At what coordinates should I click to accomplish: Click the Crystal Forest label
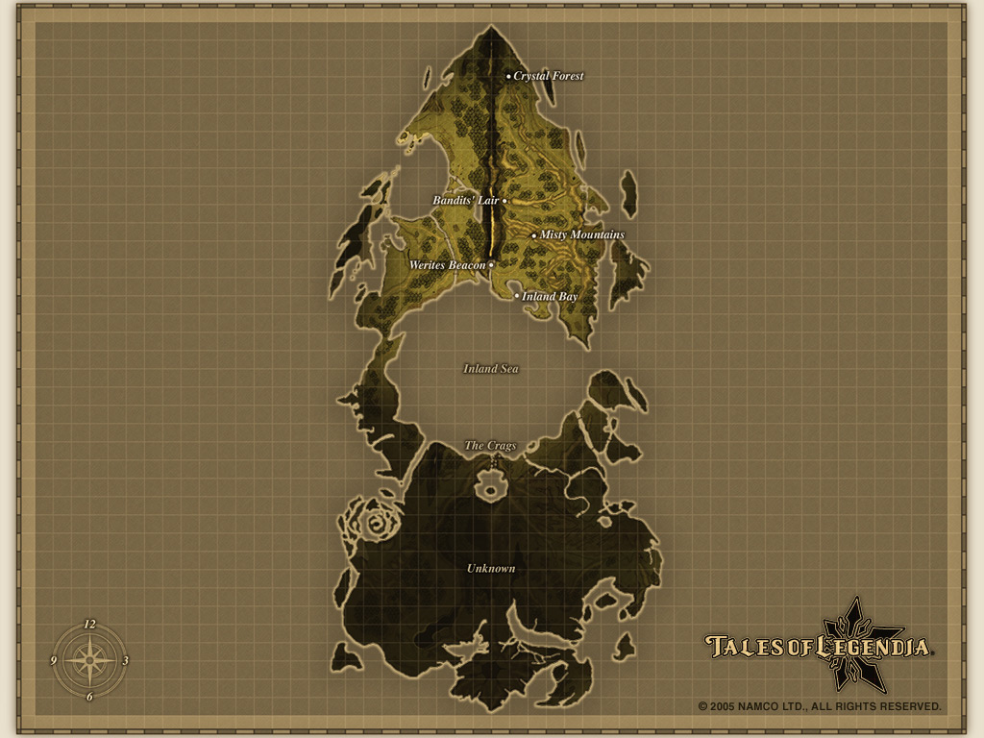(x=549, y=76)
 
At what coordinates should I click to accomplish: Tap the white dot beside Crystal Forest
(x=509, y=76)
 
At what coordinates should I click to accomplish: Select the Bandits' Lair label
(x=465, y=201)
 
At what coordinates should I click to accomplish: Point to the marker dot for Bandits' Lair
(x=504, y=201)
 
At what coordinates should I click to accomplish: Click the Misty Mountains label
(x=582, y=234)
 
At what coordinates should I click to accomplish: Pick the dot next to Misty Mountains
(x=534, y=235)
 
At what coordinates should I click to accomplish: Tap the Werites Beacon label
(x=448, y=264)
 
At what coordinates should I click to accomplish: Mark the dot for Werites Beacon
(x=491, y=264)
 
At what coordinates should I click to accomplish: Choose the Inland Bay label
(x=551, y=297)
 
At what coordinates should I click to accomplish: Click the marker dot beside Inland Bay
(x=517, y=296)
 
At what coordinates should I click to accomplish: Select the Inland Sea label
(x=491, y=368)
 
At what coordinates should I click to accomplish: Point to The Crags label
(x=491, y=445)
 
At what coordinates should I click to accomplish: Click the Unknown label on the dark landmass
(x=491, y=568)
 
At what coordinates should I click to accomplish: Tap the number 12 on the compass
(x=89, y=624)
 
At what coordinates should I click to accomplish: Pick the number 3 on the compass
(x=126, y=661)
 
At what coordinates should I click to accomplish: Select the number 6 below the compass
(x=89, y=697)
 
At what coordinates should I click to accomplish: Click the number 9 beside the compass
(x=54, y=661)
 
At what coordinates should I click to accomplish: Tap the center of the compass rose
(x=89, y=660)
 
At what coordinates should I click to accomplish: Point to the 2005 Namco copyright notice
(x=820, y=706)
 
